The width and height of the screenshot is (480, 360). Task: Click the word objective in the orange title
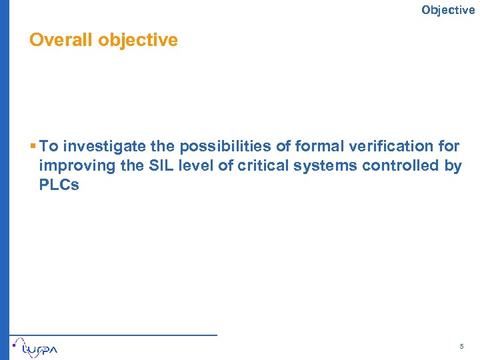click(138, 40)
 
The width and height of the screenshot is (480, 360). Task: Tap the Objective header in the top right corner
click(448, 9)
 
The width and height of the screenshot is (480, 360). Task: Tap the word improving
click(71, 166)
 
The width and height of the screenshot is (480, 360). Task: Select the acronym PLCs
click(59, 185)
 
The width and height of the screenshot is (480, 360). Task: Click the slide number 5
click(461, 347)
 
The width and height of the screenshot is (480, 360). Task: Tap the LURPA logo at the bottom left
click(37, 347)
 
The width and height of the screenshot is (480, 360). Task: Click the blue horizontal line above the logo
click(113, 334)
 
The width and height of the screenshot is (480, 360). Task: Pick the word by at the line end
click(453, 166)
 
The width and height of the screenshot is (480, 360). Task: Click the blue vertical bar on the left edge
click(5, 180)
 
